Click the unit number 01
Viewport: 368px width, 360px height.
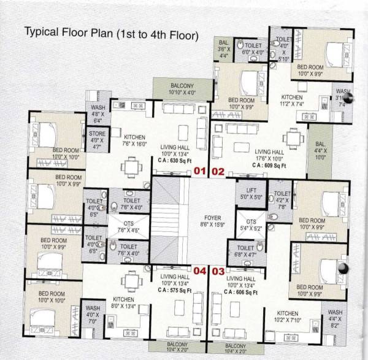click(199, 172)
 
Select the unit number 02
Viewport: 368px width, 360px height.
click(218, 172)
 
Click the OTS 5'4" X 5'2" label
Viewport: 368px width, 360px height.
click(251, 224)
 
